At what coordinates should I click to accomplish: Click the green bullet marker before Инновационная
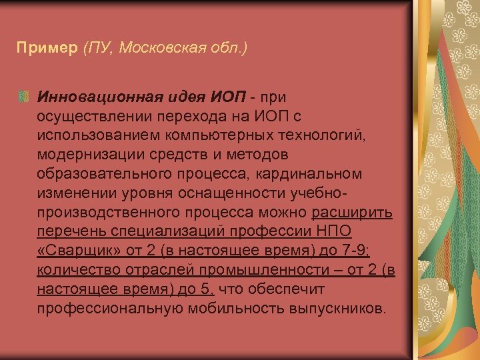(x=24, y=97)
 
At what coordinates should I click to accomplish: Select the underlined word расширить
(x=352, y=213)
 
